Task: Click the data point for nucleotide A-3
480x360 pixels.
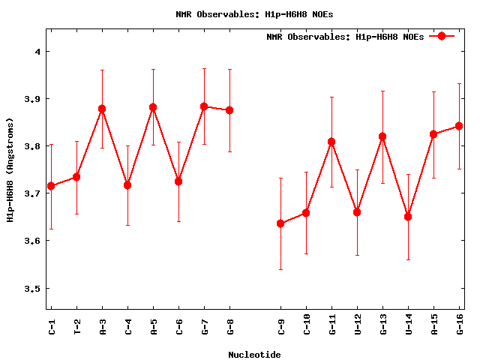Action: point(102,109)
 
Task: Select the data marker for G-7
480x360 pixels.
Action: point(204,106)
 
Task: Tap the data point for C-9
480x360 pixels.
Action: point(280,223)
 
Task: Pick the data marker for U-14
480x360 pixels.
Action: point(408,217)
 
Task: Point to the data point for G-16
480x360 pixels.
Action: point(459,126)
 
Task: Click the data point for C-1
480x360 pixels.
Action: point(51,186)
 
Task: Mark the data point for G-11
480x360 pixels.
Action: point(331,142)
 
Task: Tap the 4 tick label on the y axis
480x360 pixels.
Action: point(38,52)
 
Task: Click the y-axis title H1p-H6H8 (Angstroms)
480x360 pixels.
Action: point(10,169)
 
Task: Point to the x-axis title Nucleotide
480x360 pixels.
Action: point(255,354)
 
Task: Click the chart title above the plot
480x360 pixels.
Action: point(254,14)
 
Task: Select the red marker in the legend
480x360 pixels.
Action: point(442,36)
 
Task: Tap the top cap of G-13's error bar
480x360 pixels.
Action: point(382,91)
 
